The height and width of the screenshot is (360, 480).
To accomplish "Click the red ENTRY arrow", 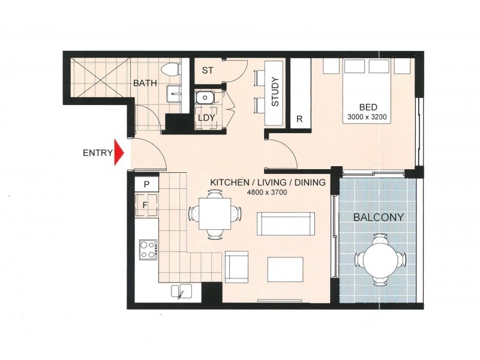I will coord(119,152).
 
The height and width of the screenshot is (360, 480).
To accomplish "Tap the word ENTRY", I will coord(98,152).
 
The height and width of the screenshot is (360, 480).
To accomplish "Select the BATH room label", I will coord(145,83).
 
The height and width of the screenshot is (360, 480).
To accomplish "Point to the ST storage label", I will coord(208,70).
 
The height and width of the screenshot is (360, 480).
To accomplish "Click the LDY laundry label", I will coord(206,118).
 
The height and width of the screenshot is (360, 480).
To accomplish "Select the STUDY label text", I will coord(275,92).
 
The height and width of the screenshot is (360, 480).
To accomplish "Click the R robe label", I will coord(299,118).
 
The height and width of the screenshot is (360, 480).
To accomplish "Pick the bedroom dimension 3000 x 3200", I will coord(368,118).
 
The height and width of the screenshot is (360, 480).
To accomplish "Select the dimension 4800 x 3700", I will coord(266,193).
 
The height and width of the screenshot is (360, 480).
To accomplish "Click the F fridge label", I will coord(145,204).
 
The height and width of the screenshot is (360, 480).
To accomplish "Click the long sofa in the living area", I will coord(286,224).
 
